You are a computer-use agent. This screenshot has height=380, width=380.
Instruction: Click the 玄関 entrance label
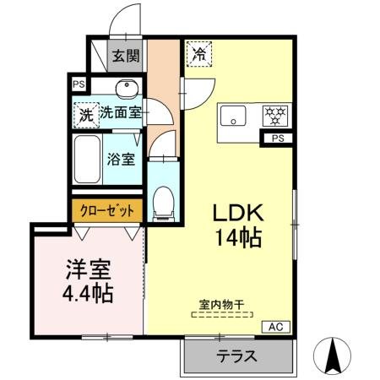point(128,57)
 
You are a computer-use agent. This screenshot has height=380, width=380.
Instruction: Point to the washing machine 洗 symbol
point(85,115)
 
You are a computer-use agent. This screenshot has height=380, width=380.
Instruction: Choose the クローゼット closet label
point(108,209)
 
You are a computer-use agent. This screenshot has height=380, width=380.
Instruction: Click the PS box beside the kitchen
point(278,138)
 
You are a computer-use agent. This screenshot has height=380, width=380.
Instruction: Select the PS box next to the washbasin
point(79,84)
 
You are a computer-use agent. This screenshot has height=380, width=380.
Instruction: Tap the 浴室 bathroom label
point(121,158)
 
